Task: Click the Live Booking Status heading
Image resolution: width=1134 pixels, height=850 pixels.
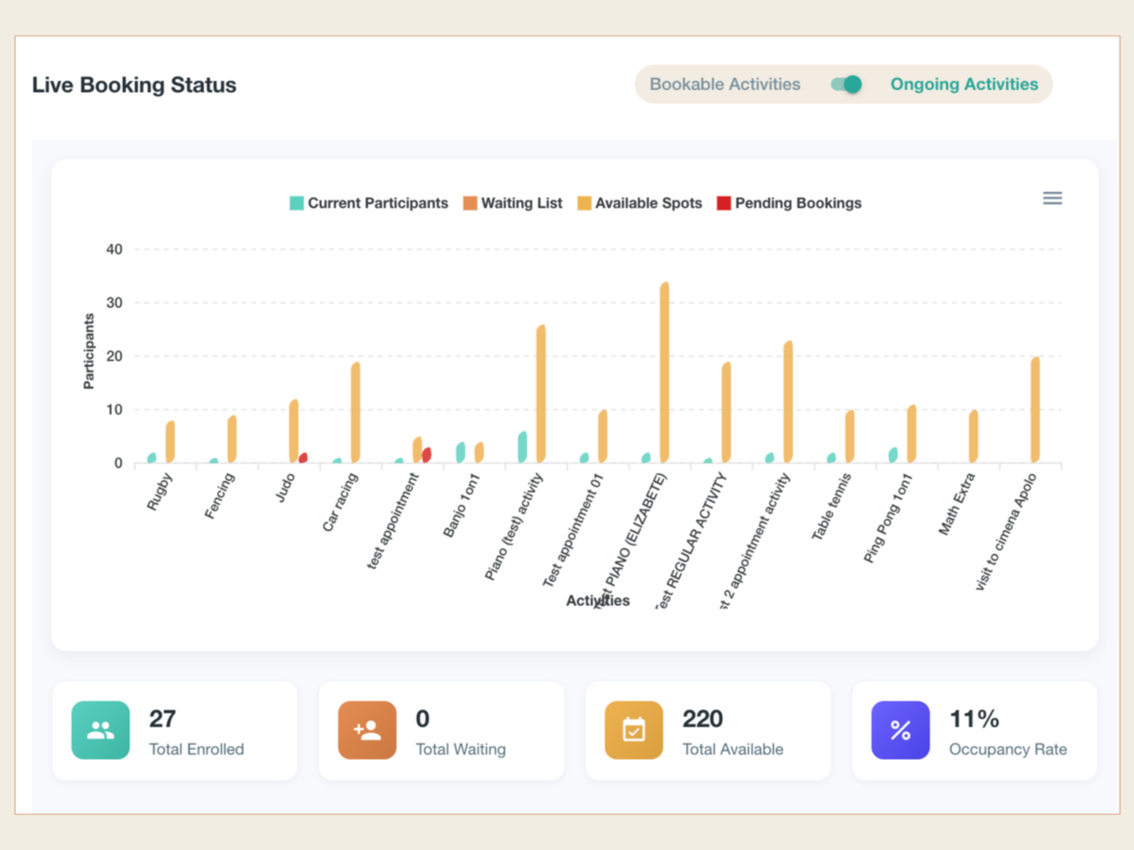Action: (134, 86)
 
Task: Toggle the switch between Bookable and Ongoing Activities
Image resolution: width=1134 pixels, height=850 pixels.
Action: (846, 85)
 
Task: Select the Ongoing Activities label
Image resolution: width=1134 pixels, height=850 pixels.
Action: (964, 85)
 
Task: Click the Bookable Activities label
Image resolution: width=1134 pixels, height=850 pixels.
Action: (724, 85)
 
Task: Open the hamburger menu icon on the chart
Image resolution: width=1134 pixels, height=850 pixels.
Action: (1052, 199)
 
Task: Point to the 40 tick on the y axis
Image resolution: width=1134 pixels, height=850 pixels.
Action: (114, 249)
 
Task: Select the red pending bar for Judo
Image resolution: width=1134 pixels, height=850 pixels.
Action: (303, 458)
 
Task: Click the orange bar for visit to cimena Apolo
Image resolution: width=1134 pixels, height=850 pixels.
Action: (1035, 410)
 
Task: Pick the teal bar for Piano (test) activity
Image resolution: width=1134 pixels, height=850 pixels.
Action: (522, 447)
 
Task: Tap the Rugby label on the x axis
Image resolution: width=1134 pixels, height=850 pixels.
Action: (160, 491)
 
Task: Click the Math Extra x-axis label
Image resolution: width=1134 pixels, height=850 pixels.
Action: (957, 504)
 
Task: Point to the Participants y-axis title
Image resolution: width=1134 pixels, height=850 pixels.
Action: (88, 351)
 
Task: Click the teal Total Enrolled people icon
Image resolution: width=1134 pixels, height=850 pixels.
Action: (101, 731)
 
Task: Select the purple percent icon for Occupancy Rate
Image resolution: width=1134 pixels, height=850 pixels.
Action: (900, 731)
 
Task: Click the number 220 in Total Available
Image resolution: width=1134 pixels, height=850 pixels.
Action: (703, 719)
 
